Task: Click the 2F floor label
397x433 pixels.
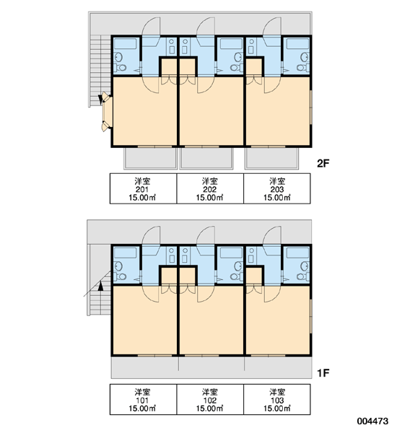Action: point(323,164)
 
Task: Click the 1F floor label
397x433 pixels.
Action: point(323,373)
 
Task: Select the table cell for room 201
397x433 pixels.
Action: point(143,188)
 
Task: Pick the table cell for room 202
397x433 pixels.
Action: point(210,188)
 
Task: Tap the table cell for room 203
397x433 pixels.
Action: point(277,188)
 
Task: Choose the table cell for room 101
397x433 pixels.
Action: point(143,399)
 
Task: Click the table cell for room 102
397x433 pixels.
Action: point(210,399)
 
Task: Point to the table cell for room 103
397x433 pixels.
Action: point(277,399)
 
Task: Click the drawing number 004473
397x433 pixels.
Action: point(372,421)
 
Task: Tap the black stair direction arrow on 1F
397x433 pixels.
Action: point(101,286)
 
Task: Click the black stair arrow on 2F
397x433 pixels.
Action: point(100,100)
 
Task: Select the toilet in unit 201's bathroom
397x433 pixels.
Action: point(121,68)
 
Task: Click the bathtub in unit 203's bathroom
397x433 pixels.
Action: point(297,44)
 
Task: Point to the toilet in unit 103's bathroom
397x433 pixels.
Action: point(303,276)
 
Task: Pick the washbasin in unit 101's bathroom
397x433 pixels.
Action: point(119,266)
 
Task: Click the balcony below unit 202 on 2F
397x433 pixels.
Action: point(206,158)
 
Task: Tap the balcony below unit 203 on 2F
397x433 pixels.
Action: point(271,158)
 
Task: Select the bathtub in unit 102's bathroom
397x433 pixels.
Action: point(231,253)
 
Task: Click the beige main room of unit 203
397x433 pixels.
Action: point(278,113)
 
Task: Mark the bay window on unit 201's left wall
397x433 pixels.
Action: point(106,112)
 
